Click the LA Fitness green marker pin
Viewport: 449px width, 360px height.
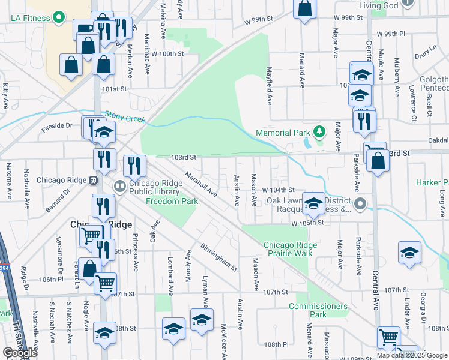pyautogui.click(x=59, y=18)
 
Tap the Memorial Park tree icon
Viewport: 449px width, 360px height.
pyautogui.click(x=320, y=131)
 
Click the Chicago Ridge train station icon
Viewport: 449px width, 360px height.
pyautogui.click(x=94, y=180)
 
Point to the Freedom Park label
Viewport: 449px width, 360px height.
pyautogui.click(x=172, y=202)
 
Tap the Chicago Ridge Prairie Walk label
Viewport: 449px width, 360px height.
pyautogui.click(x=296, y=249)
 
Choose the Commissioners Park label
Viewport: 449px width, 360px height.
pyautogui.click(x=318, y=310)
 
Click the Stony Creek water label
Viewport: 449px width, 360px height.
pyautogui.click(x=126, y=116)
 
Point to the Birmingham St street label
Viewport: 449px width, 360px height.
pyautogui.click(x=219, y=257)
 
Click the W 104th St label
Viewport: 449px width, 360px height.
pyautogui.click(x=278, y=190)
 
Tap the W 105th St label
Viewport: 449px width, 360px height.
pyautogui.click(x=307, y=223)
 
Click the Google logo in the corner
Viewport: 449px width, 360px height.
pyautogui.click(x=20, y=353)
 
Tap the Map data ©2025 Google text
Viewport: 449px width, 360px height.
pyautogui.click(x=411, y=355)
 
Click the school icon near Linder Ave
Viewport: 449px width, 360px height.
pyautogui.click(x=410, y=252)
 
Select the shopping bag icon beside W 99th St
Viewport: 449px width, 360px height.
pyautogui.click(x=305, y=8)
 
